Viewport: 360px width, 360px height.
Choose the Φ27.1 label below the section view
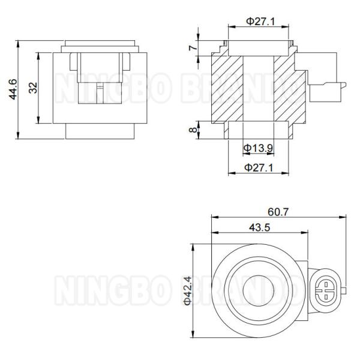click(x=259, y=168)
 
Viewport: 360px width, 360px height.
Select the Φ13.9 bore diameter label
click(x=259, y=147)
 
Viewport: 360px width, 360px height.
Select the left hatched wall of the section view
click(x=227, y=88)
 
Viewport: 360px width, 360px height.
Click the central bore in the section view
click(x=258, y=88)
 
